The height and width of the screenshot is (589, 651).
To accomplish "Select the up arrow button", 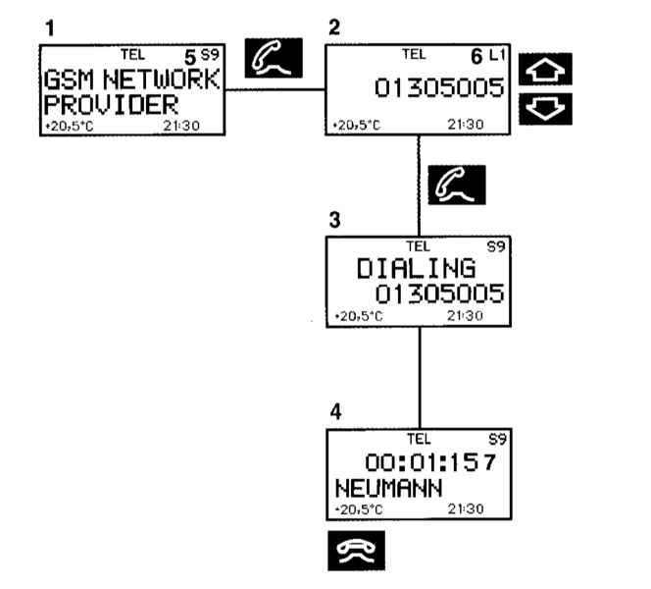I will [544, 70].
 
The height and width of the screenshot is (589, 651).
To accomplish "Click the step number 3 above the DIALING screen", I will [334, 221].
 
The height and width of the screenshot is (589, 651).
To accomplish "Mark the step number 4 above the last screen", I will [335, 412].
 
